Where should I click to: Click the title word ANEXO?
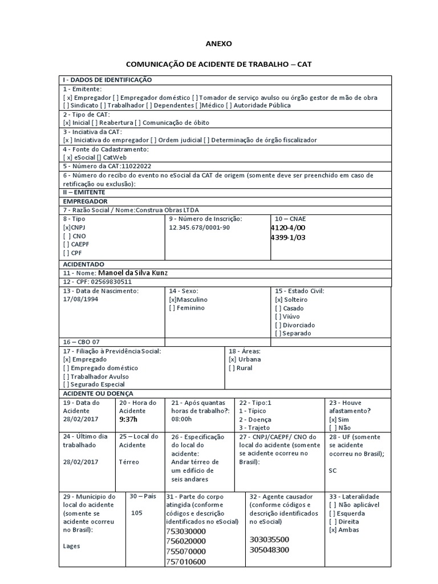click(x=218, y=44)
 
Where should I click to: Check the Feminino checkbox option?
click(x=172, y=308)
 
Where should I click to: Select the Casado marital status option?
click(x=278, y=308)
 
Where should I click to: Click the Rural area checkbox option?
click(x=232, y=368)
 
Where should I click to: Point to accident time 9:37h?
click(x=128, y=419)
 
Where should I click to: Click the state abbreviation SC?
click(x=333, y=471)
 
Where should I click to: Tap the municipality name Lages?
click(x=71, y=546)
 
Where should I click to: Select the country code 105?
click(x=137, y=513)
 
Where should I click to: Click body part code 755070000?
click(x=185, y=551)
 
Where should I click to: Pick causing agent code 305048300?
click(x=269, y=549)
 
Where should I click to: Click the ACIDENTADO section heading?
click(x=83, y=264)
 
